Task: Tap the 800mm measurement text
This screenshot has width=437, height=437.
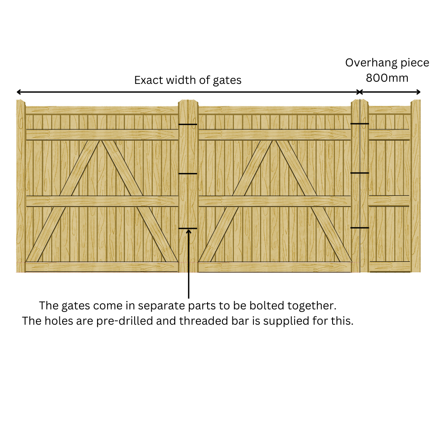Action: click(387, 78)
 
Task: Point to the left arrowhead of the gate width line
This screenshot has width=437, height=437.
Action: click(19, 92)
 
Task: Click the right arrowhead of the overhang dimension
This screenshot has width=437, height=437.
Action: click(418, 92)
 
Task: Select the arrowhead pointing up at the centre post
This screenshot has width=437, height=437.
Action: click(189, 232)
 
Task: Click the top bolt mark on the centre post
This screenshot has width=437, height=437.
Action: click(188, 125)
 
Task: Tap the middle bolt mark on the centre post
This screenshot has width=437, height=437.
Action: click(188, 174)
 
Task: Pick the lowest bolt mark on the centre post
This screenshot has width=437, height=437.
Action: click(188, 228)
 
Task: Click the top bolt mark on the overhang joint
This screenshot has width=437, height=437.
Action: click(360, 124)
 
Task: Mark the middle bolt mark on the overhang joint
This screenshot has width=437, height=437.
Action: click(360, 173)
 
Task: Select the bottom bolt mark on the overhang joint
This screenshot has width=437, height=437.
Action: click(360, 228)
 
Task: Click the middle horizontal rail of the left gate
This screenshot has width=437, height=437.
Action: click(102, 201)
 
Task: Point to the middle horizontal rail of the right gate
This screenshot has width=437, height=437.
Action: click(274, 201)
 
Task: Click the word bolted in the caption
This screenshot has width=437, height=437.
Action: click(274, 305)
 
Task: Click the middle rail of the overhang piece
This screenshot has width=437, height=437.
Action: click(389, 201)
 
